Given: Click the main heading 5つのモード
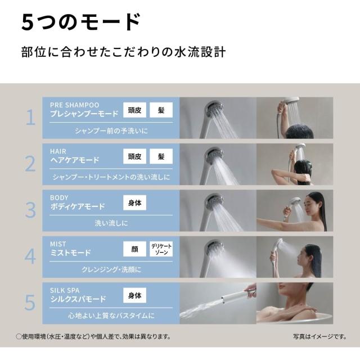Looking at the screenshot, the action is point(80,22).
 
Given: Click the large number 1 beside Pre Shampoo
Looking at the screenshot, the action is point(31,117).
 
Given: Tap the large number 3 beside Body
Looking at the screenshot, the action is point(30,210).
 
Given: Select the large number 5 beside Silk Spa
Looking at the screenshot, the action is point(30,303).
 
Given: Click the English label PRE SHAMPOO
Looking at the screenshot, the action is point(75,105).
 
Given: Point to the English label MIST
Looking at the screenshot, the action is point(58,244).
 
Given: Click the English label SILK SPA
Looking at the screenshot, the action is point(65,290).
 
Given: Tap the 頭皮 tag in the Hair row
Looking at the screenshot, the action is point(134,156).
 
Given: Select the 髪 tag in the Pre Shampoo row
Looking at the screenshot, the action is point(161,110).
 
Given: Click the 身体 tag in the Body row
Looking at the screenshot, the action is point(134,202).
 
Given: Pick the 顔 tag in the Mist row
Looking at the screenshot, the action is point(134,249).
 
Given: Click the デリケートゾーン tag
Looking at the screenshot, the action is point(161,249).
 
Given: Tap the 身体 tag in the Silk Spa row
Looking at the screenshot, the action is point(134,295).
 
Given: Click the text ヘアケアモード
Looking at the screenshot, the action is point(75,160).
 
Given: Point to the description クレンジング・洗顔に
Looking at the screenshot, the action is point(111,269).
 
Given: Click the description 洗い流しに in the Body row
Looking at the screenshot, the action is point(111,223).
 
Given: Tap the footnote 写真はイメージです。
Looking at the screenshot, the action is point(320,336).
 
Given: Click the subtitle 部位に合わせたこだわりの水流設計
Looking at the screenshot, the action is point(123,52).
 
